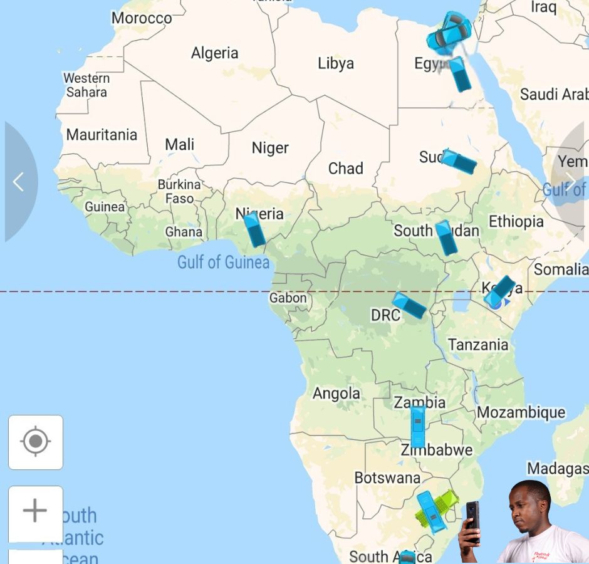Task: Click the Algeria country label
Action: pyautogui.click(x=214, y=53)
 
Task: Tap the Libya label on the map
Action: pyautogui.click(x=336, y=63)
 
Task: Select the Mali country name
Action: pyautogui.click(x=179, y=145)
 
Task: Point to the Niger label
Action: pyautogui.click(x=270, y=148)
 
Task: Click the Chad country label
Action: pyautogui.click(x=345, y=169)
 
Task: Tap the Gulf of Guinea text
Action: pyautogui.click(x=223, y=262)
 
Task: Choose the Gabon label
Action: pyautogui.click(x=288, y=298)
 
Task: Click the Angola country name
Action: pyautogui.click(x=336, y=394)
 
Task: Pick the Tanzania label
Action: pyautogui.click(x=478, y=345)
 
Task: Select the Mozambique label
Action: pyautogui.click(x=521, y=412)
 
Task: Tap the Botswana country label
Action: pyautogui.click(x=387, y=478)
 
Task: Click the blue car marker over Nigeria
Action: pyautogui.click(x=254, y=229)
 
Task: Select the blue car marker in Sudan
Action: pyautogui.click(x=459, y=162)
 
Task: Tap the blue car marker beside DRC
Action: pyautogui.click(x=409, y=305)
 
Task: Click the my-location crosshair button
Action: pyautogui.click(x=36, y=442)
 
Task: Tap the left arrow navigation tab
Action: pyautogui.click(x=19, y=182)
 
